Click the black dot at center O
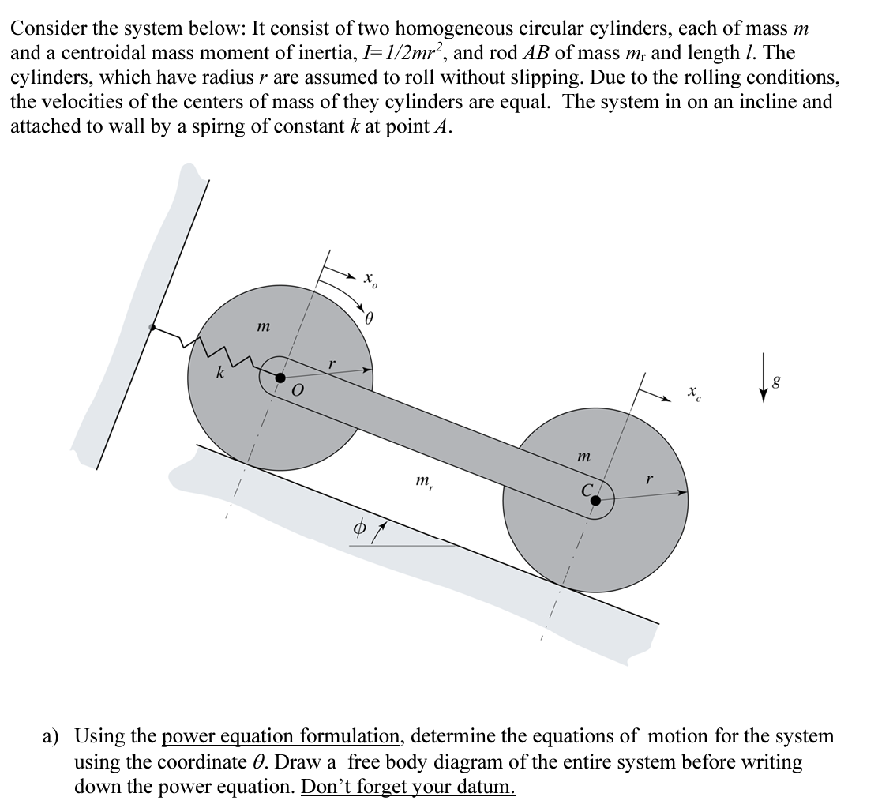pyautogui.click(x=279, y=378)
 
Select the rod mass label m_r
pyautogui.click(x=424, y=480)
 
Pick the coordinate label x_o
pyautogui.click(x=370, y=280)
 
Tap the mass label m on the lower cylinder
pyautogui.click(x=583, y=456)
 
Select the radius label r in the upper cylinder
pyautogui.click(x=332, y=363)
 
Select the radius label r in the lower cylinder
pyautogui.click(x=649, y=479)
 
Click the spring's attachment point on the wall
pyautogui.click(x=152, y=326)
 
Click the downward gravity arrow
pyautogui.click(x=763, y=389)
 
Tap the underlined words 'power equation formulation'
pyautogui.click(x=282, y=736)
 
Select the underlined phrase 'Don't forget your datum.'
pyautogui.click(x=408, y=787)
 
